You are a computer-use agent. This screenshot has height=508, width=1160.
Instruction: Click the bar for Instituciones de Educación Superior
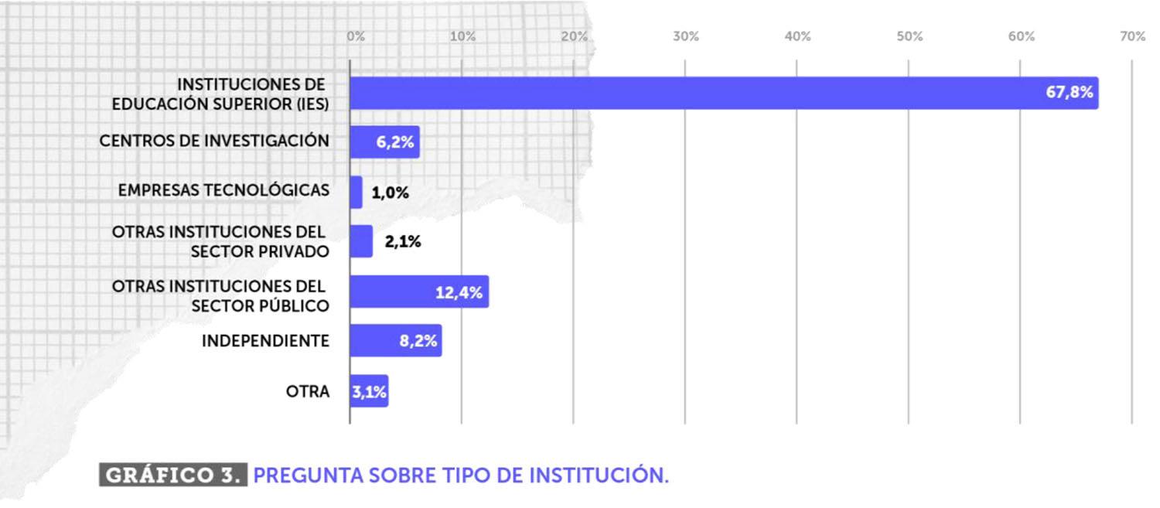tap(696, 93)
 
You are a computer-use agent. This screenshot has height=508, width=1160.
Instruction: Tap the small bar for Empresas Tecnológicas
tap(356, 192)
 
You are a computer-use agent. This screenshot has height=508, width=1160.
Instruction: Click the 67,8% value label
tap(1070, 93)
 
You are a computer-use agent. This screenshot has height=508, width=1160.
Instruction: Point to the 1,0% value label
tap(391, 193)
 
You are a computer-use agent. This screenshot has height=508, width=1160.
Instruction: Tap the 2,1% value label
tap(403, 242)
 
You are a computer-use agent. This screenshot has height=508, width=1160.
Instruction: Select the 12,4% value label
tap(459, 292)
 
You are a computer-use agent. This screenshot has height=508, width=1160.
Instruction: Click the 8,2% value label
tap(418, 341)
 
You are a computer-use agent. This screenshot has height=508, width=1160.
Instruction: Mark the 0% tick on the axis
tap(356, 37)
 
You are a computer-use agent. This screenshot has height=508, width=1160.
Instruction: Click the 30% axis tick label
tap(686, 37)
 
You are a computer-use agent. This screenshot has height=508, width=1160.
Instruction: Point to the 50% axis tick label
tap(909, 37)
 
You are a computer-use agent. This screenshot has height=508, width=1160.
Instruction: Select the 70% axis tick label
tap(1132, 37)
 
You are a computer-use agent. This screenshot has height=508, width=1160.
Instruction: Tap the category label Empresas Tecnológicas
tap(223, 190)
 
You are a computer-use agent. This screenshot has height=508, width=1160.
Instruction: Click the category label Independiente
tap(265, 341)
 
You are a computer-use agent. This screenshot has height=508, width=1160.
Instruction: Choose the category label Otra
tap(308, 391)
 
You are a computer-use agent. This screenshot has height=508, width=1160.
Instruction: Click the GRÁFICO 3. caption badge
tap(173, 475)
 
